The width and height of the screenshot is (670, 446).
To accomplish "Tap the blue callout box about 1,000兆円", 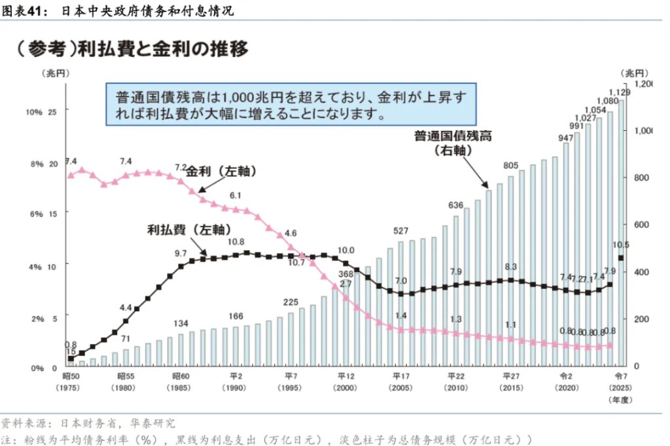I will click(291, 105).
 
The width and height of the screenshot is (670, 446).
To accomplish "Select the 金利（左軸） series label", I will click(221, 171).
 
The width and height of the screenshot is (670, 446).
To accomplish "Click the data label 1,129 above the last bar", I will click(619, 92).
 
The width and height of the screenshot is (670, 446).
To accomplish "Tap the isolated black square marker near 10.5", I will click(621, 258).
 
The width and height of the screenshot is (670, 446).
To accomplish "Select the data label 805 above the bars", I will click(511, 165).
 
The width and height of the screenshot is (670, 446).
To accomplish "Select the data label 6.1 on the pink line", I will click(236, 195).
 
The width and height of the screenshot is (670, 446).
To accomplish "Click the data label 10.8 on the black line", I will click(236, 242).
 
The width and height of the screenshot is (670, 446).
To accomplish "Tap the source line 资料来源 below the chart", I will click(88, 423).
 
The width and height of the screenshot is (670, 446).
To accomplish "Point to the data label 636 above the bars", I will click(455, 205).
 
